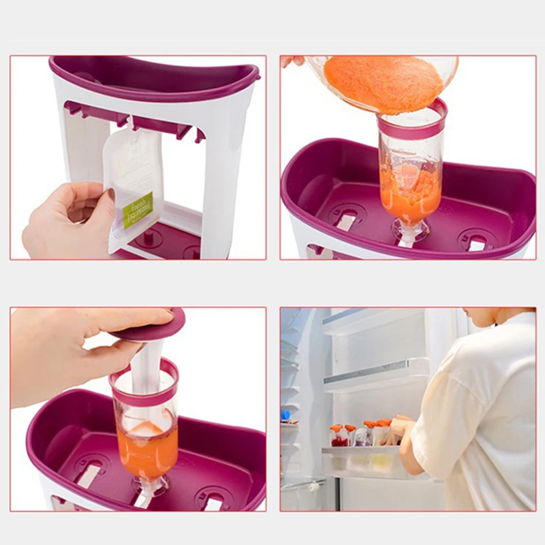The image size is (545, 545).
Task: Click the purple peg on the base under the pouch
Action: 147,240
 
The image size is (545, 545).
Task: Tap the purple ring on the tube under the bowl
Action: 412,123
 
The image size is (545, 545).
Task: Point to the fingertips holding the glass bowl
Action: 292,61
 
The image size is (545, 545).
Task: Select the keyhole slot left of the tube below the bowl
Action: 347,219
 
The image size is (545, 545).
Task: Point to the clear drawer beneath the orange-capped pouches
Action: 361,463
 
